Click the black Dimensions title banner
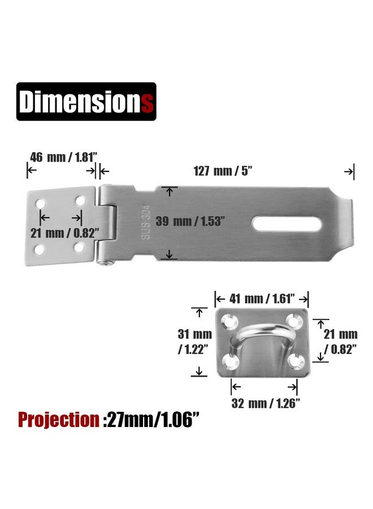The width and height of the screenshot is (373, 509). click(86, 102)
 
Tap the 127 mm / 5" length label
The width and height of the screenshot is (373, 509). click(223, 171)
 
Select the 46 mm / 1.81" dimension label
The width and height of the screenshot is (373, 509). click(64, 157)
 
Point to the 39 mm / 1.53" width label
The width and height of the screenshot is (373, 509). click(190, 221)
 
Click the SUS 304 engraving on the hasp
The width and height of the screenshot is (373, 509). click(146, 222)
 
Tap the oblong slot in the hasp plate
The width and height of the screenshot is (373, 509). click(287, 224)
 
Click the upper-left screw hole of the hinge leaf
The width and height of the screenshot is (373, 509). click(41, 204)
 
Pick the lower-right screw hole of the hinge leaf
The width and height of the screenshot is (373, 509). click(79, 248)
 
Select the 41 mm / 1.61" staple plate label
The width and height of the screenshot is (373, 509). click(262, 299)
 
